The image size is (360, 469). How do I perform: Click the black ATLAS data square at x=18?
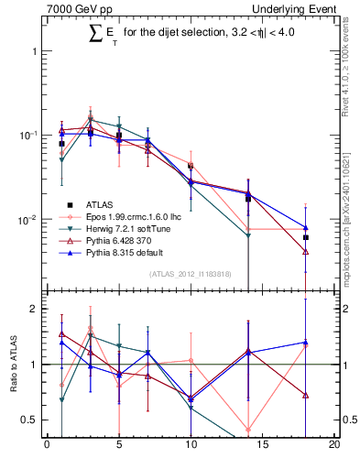306,237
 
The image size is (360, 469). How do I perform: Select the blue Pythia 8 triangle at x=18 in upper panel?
306,227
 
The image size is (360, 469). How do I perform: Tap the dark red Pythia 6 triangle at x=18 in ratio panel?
306,396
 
